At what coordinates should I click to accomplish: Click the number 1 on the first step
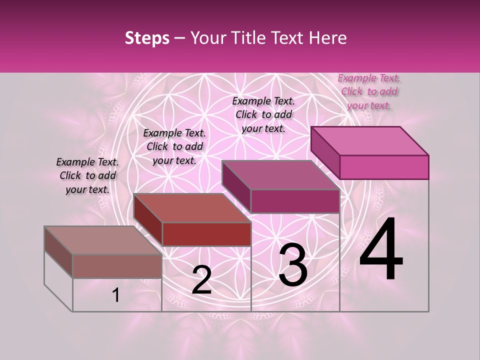116,295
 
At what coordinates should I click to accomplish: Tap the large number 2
201,280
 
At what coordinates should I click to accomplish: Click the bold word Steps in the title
147,38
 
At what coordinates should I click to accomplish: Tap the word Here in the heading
327,38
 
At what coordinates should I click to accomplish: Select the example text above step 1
87,175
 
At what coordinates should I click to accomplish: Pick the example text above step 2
174,146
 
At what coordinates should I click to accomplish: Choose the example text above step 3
263,114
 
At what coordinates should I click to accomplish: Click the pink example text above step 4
369,91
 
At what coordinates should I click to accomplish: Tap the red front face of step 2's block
206,234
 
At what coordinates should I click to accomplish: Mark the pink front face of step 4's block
384,167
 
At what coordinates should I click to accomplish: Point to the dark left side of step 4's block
325,153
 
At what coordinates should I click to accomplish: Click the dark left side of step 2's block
147,219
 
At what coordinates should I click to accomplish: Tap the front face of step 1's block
117,266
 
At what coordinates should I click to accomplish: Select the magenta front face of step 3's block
295,201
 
